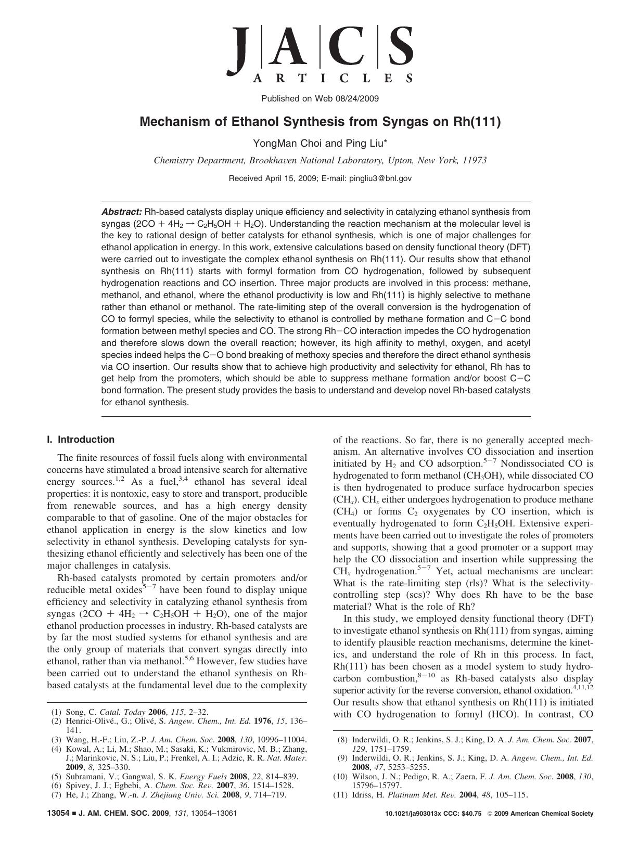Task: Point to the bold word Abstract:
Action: (x=121, y=212)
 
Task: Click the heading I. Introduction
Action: (x=81, y=440)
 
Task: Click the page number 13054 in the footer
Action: (x=58, y=814)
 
